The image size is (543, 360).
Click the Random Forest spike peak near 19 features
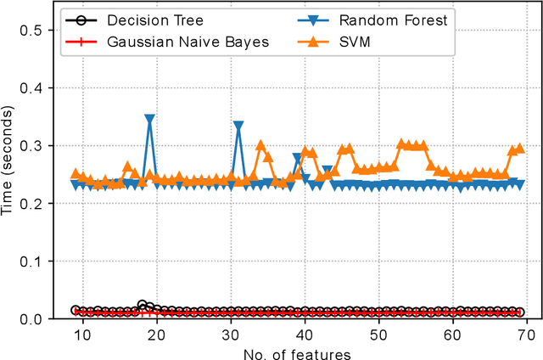point(150,120)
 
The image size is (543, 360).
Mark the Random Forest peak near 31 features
point(238,126)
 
